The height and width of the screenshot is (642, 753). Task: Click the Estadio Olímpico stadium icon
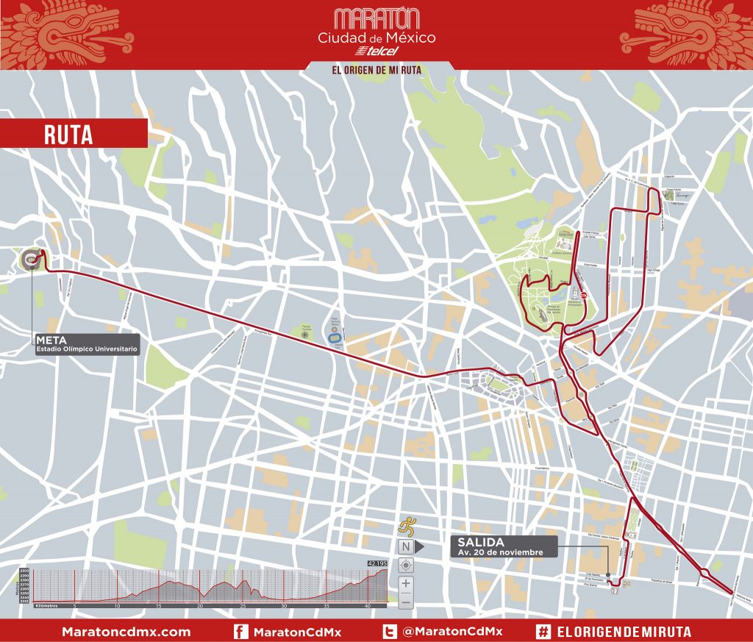31,258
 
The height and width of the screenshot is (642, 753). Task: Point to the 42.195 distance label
376,564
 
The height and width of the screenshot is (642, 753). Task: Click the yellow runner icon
405,527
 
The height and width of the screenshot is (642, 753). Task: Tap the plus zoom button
405,584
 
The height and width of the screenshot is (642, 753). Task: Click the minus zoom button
405,602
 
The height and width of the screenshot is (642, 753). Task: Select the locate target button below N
405,566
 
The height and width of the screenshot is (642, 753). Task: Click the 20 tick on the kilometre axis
200,607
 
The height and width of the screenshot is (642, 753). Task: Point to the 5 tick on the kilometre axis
74,607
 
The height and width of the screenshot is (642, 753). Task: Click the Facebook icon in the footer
240,631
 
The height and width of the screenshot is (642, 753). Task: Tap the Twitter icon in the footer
390,631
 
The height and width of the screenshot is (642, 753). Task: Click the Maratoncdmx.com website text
126,632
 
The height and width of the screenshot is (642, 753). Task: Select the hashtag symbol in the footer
544,631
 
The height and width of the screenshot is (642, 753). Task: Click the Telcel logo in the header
376,51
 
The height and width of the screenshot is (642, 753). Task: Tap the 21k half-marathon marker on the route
584,296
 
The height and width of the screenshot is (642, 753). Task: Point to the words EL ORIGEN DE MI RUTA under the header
376,70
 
